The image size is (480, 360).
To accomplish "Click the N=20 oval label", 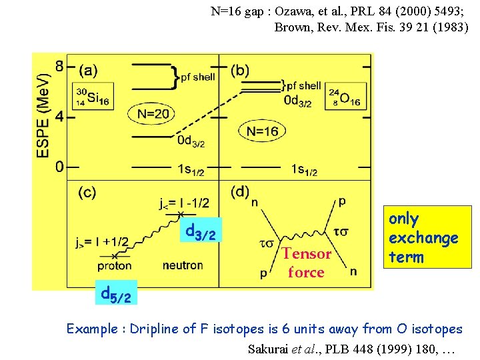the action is point(153,114).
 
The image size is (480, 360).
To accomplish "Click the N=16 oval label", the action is point(262,131).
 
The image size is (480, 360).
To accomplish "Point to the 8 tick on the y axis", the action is point(59,67).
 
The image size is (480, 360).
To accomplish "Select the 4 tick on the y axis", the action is point(59,116).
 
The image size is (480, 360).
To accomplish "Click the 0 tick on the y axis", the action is point(59,166).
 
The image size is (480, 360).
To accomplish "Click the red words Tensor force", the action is point(306,263).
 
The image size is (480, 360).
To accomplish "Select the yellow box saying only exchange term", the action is point(423,237).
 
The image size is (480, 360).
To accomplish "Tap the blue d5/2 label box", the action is point(115,292).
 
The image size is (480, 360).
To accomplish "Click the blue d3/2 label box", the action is point(200,231).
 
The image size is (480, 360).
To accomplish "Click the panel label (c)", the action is point(87,193).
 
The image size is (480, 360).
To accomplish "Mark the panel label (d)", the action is point(240,192).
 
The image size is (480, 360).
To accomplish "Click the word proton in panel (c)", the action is point(115,265).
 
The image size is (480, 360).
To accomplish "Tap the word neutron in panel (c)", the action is point(183,265).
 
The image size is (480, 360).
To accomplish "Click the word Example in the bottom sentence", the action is point(93,329).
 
